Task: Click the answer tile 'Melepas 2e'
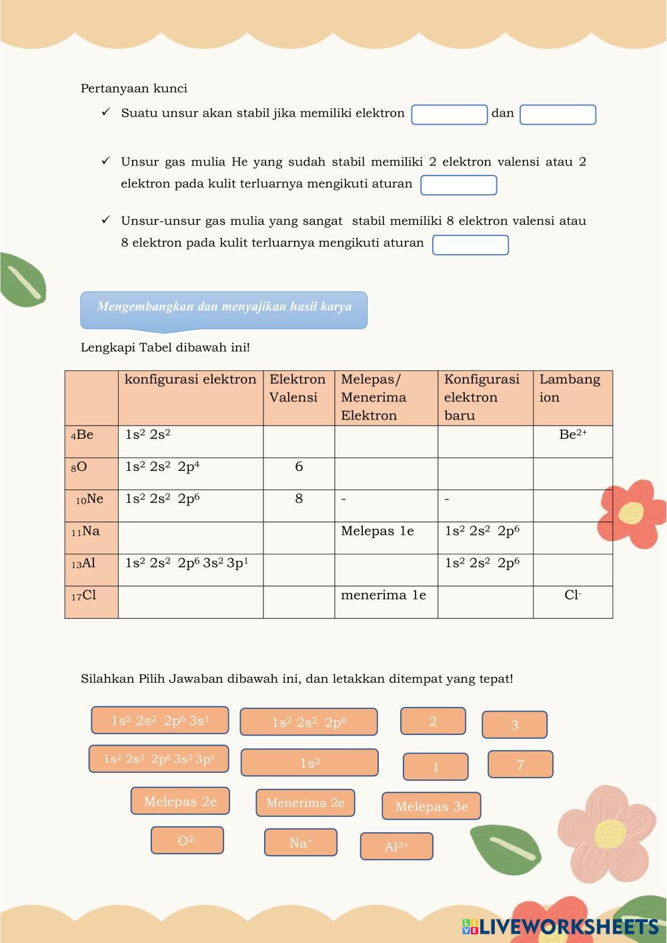(180, 801)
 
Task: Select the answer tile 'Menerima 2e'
(305, 803)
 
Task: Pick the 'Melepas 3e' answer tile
(432, 806)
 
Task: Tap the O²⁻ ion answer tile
(187, 840)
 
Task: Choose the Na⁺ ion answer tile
(301, 842)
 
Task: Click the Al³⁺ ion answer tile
(396, 846)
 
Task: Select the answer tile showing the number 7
(520, 764)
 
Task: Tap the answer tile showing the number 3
(514, 725)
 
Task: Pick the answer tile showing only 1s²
(309, 763)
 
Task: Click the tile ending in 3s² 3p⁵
(159, 759)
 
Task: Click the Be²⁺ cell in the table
(573, 435)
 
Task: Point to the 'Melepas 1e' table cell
(378, 531)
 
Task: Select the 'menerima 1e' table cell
(384, 595)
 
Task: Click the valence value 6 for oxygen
(299, 467)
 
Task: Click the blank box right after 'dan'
(558, 115)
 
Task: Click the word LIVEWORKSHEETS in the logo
(568, 926)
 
